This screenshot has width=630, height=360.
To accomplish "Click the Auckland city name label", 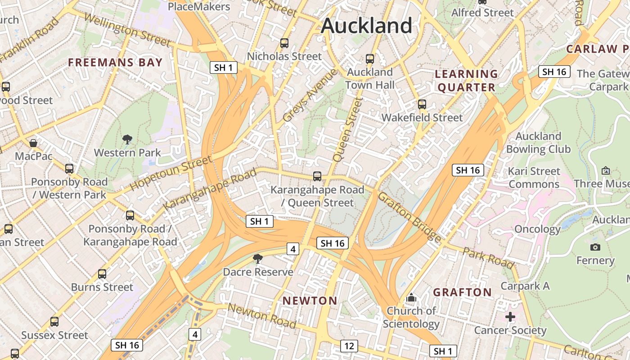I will click(366, 26).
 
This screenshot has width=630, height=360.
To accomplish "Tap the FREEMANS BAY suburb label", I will click(115, 63).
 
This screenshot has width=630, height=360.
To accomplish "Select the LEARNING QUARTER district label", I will click(467, 81).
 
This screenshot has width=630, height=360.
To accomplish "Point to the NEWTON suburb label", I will click(310, 301).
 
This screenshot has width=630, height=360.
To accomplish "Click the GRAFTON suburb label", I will click(463, 292).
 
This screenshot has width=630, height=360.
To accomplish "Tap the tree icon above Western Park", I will click(127, 139).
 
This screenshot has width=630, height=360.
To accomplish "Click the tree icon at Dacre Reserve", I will click(258, 259).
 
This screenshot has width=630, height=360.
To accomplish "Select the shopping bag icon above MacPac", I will click(33, 143).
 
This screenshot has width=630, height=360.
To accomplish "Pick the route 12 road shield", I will click(349, 346).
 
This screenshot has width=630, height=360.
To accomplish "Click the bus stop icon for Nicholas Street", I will click(284, 43).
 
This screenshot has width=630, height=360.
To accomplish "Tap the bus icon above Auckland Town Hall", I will click(370, 58).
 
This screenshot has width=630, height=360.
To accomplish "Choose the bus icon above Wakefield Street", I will click(422, 104).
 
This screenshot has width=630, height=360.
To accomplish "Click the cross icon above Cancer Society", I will click(510, 317).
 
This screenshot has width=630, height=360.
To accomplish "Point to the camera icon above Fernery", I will click(595, 247).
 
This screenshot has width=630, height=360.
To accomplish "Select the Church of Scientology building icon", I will click(411, 298).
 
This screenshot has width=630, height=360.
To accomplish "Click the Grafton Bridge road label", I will click(409, 216).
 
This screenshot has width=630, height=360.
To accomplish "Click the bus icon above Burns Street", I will click(102, 274).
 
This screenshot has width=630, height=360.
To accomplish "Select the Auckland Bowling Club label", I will click(538, 143).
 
